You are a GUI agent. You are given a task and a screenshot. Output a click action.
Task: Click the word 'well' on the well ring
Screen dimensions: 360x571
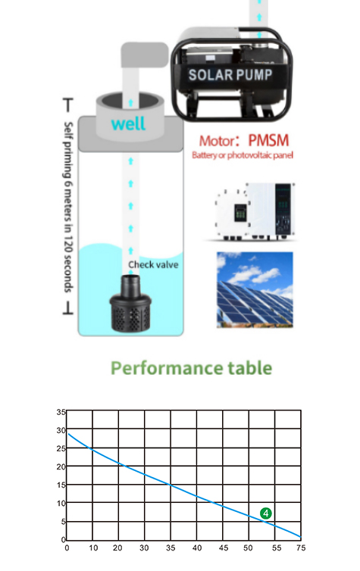(128, 123)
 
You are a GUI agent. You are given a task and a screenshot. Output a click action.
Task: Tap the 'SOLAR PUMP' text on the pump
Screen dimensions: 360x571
(230, 75)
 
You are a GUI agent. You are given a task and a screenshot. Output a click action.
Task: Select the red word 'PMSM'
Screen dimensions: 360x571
(268, 141)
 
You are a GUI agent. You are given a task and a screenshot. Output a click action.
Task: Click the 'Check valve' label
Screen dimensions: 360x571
(153, 264)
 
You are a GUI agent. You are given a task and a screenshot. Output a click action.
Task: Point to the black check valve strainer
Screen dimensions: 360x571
(130, 304)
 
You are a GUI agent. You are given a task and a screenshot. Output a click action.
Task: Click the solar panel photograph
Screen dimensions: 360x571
(255, 290)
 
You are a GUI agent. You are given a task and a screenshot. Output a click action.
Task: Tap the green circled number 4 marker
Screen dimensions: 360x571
(266, 513)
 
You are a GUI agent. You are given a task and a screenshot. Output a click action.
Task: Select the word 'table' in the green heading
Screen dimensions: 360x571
(249, 368)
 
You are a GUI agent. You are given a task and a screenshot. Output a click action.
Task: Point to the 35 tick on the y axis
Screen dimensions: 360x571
(61, 412)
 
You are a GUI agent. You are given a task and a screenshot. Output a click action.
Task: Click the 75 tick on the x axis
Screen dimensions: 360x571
(301, 548)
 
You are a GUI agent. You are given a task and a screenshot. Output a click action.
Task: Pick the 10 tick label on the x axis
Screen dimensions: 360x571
(93, 548)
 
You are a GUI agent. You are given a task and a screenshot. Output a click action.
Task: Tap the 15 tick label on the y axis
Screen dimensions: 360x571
(61, 485)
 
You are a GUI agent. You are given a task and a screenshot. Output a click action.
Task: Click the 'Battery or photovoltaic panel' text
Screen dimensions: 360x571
(243, 155)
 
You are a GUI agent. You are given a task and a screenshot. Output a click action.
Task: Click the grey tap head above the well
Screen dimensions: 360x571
(144, 55)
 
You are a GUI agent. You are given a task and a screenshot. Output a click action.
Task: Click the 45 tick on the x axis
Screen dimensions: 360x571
(224, 548)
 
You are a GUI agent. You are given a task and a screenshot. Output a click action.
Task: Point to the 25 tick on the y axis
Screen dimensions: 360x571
(61, 448)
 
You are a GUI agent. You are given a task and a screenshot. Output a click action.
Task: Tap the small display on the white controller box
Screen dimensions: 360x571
(239, 213)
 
